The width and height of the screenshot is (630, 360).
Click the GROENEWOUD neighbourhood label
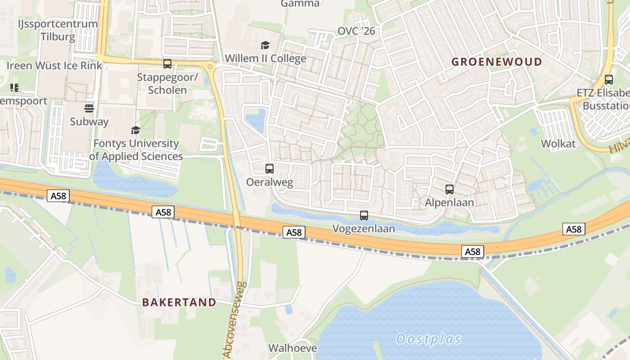coord(497,62)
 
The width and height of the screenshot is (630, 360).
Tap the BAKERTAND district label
coord(179,302)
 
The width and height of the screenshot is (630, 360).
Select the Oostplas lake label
coord(429,339)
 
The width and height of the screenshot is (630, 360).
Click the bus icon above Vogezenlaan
coord(364,216)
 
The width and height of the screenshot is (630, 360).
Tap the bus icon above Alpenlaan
coord(450,189)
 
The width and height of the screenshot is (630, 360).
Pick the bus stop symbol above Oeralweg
coord(270,169)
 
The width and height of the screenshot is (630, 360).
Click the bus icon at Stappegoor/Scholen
coord(167,64)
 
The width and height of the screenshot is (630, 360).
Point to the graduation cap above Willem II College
coord(265,45)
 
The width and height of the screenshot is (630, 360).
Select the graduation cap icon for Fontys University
coord(135,130)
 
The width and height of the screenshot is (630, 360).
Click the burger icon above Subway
coord(89,108)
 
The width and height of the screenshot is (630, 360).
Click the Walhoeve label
coord(292,348)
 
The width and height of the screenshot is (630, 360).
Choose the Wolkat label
coord(558,144)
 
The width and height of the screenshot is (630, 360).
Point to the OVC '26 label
coord(356,31)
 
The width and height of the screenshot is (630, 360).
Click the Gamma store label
coord(300,4)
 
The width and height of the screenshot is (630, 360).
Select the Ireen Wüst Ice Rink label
coord(54,66)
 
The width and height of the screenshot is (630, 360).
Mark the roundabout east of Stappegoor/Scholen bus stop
coord(210,67)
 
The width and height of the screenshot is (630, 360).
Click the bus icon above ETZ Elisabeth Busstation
coord(609,80)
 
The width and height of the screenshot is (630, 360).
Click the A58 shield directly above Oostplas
coord(472,252)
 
